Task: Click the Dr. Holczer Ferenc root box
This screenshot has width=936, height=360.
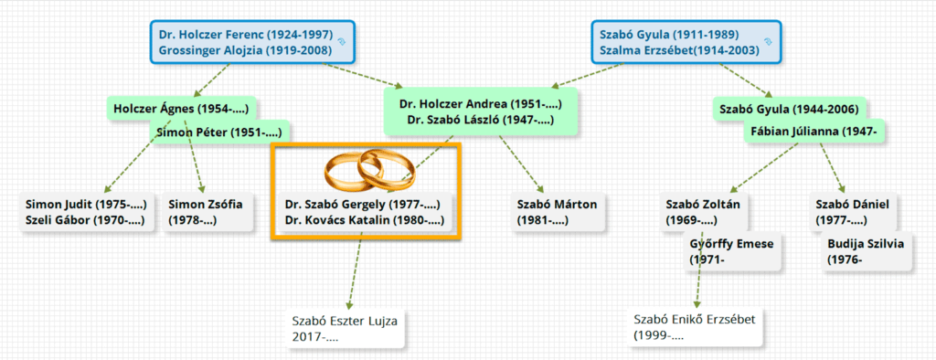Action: (251, 42)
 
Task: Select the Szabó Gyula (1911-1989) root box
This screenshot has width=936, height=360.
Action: (686, 42)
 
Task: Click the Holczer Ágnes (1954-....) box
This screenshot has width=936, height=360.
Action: (182, 109)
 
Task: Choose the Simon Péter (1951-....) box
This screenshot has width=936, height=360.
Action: (219, 132)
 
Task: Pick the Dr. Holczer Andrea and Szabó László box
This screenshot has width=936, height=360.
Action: (481, 111)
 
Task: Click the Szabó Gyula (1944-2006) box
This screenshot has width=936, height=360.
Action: (789, 109)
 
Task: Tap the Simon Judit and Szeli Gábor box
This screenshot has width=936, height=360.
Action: (86, 212)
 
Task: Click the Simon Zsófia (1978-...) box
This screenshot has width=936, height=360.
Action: (207, 212)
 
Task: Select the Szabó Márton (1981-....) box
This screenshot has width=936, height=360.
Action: (558, 212)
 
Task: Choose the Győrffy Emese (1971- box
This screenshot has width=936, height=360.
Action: (732, 251)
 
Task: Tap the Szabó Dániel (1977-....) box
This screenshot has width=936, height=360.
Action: (853, 212)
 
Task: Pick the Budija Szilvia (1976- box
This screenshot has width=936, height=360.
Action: (867, 251)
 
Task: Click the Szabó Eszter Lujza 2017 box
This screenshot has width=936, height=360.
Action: (345, 328)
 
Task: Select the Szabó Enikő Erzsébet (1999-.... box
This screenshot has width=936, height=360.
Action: (695, 327)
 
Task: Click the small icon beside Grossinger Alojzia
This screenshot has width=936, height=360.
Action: (342, 42)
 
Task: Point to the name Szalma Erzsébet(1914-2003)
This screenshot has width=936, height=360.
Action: (679, 50)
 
